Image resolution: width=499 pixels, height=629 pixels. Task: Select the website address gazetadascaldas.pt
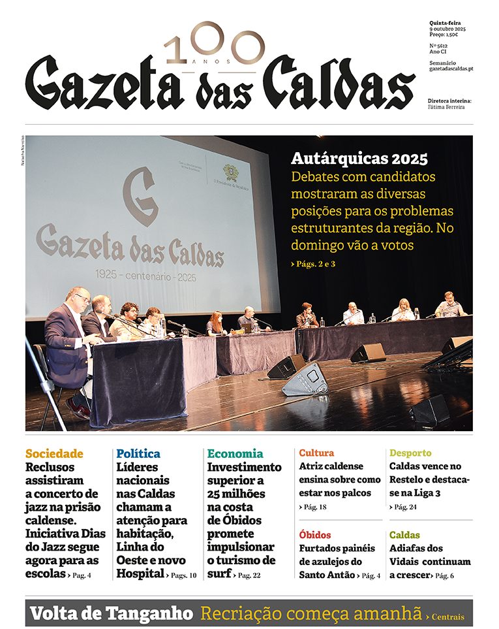[x=451, y=69]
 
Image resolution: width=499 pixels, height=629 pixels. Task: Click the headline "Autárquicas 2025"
[x=359, y=159]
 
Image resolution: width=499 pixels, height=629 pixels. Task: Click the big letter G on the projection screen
[x=140, y=197]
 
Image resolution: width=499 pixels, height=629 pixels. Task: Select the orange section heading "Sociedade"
[x=54, y=453]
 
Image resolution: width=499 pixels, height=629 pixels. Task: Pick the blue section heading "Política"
[x=138, y=453]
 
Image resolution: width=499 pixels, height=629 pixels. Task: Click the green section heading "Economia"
[x=235, y=453]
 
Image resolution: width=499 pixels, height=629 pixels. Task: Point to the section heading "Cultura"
[x=316, y=453]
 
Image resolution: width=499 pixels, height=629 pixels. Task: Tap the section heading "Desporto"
[x=410, y=453]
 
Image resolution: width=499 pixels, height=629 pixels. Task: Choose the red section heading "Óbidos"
[x=315, y=535]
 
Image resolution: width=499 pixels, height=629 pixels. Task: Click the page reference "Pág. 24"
[x=405, y=507]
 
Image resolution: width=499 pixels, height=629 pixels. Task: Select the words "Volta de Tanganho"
[x=112, y=614]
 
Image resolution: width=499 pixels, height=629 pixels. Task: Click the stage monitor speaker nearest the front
[x=305, y=380]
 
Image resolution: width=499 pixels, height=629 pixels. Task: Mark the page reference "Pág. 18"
[x=314, y=507]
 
